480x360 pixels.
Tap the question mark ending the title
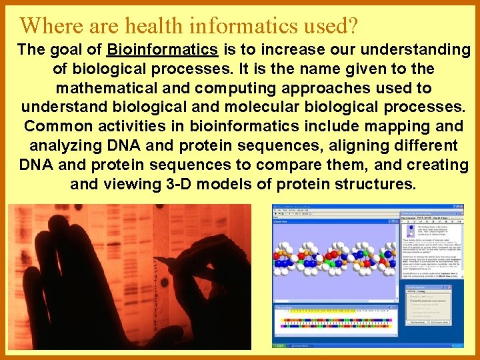pos(352,25)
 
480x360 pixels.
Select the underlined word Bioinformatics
pos(163,50)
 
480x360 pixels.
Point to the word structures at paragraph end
pos(376,185)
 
